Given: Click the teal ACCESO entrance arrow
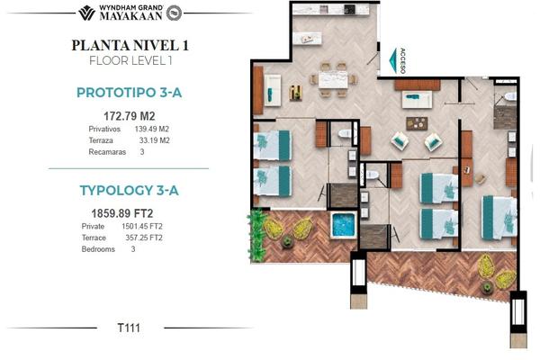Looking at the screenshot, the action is [393, 61].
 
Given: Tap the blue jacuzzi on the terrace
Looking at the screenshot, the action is [343, 225].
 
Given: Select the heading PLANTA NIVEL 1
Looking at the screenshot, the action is [130, 46].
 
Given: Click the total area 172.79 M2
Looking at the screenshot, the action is [130, 116].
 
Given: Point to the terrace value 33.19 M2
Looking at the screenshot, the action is [154, 140].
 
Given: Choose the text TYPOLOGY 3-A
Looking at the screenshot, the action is [129, 191].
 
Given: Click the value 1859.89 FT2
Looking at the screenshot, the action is [121, 213].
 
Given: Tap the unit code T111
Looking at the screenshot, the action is [129, 328].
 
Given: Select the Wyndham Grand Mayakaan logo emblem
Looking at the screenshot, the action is [86, 13].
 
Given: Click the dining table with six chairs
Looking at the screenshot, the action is [333, 79].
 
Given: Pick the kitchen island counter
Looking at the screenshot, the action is [308, 38].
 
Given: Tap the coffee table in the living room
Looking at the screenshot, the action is [417, 123].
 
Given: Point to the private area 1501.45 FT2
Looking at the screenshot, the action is [142, 226].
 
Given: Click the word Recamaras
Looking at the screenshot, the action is [107, 152].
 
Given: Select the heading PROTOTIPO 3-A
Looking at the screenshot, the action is [129, 93].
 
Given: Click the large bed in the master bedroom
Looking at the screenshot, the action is [499, 218].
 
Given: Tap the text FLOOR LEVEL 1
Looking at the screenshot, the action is [130, 60].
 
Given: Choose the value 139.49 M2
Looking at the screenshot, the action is [151, 129].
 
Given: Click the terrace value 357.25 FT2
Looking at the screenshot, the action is [144, 238].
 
